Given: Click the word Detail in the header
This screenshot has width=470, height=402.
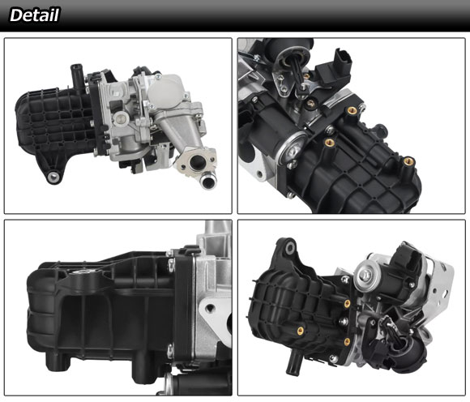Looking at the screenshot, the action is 34,15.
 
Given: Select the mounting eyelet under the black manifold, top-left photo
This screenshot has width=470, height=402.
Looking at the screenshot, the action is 53,177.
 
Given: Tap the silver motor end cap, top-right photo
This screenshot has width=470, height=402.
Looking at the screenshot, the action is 293,148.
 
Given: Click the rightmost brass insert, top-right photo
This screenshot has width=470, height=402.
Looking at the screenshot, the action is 408,162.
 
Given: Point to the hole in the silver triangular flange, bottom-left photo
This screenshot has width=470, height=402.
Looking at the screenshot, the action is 210,308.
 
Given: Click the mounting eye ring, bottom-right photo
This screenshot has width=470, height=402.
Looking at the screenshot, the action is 290,248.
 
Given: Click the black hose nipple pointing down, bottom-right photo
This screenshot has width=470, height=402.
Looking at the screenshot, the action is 293,362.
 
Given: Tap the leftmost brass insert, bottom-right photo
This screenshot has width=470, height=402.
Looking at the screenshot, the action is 300,331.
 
